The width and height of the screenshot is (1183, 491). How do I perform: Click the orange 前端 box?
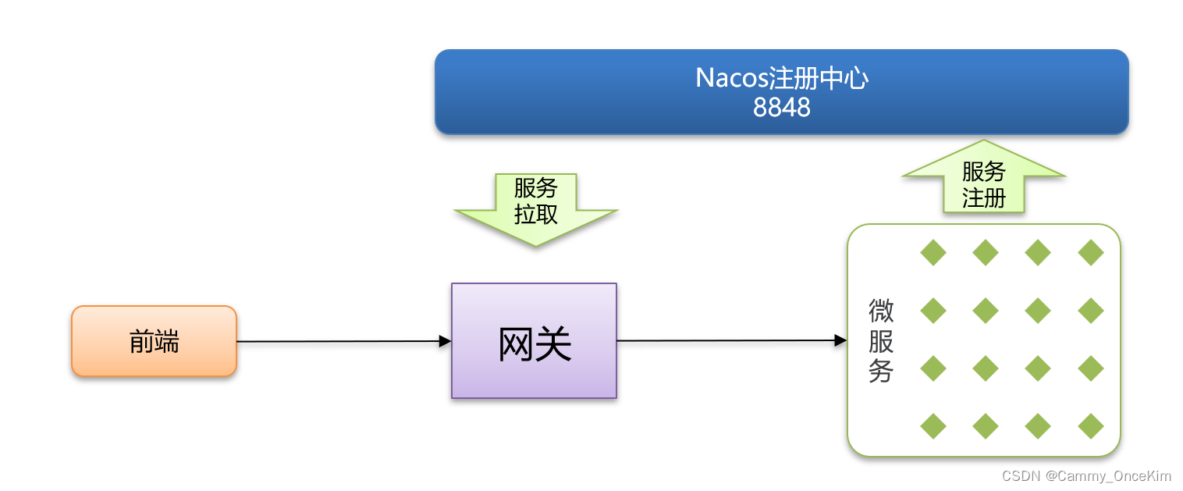(x=154, y=341)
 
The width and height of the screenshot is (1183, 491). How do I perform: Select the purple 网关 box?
(x=534, y=341)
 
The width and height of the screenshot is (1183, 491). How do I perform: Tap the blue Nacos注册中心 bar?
(x=781, y=91)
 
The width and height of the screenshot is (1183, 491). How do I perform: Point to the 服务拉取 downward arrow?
(x=536, y=206)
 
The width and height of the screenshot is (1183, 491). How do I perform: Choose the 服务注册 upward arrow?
(x=983, y=180)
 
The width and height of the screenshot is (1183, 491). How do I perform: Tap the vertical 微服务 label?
(x=881, y=341)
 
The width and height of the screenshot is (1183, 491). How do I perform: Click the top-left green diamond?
(x=933, y=253)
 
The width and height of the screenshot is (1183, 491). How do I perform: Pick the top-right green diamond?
(x=1091, y=253)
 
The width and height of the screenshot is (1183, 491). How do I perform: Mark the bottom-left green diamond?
(x=933, y=426)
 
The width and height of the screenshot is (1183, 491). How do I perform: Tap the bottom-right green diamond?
(x=1091, y=426)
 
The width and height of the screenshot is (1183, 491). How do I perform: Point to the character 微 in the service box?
(x=881, y=311)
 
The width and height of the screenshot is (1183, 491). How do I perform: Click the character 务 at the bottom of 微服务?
(x=881, y=372)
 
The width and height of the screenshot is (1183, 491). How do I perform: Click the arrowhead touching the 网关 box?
(x=446, y=341)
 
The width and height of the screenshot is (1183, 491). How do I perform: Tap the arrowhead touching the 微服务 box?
(x=840, y=340)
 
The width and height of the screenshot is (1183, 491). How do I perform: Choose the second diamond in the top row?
(x=986, y=253)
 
